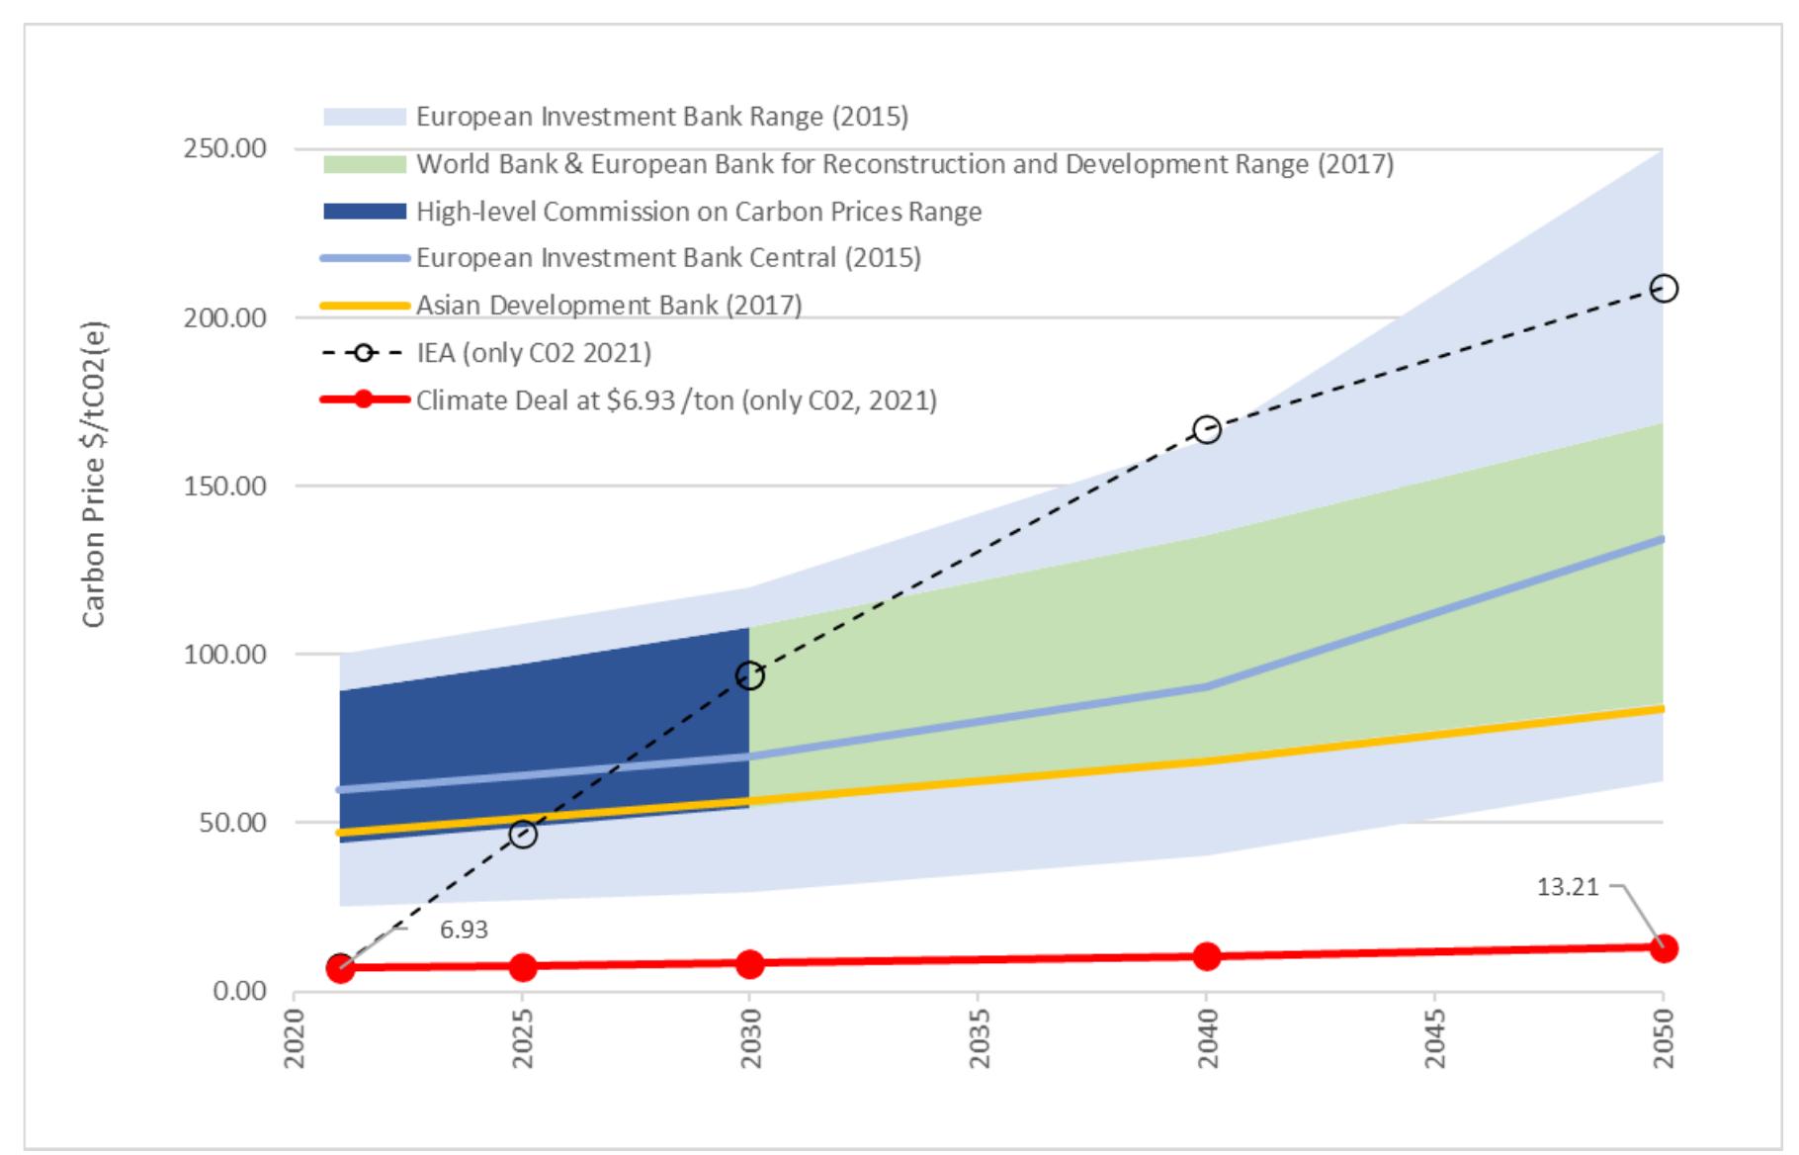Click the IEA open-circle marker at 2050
pos(1664,289)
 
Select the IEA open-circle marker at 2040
pos(1206,429)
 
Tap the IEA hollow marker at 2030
pos(749,675)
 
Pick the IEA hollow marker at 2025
pos(523,834)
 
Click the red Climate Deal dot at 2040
pos(1206,956)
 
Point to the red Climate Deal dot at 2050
pos(1664,947)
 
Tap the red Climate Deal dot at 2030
pos(749,963)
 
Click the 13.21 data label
pos(1567,887)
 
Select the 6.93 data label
pos(464,930)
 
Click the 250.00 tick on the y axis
pos(225,148)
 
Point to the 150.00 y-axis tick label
pos(225,486)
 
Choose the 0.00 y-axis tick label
pos(239,991)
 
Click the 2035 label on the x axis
pos(978,1038)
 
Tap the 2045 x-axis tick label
pos(1434,1038)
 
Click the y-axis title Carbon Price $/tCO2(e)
pos(93,474)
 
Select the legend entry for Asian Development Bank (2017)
pos(608,305)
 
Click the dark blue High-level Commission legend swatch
pos(365,212)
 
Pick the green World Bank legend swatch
pos(365,164)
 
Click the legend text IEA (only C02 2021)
pos(533,353)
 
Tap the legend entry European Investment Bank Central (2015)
pos(667,258)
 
